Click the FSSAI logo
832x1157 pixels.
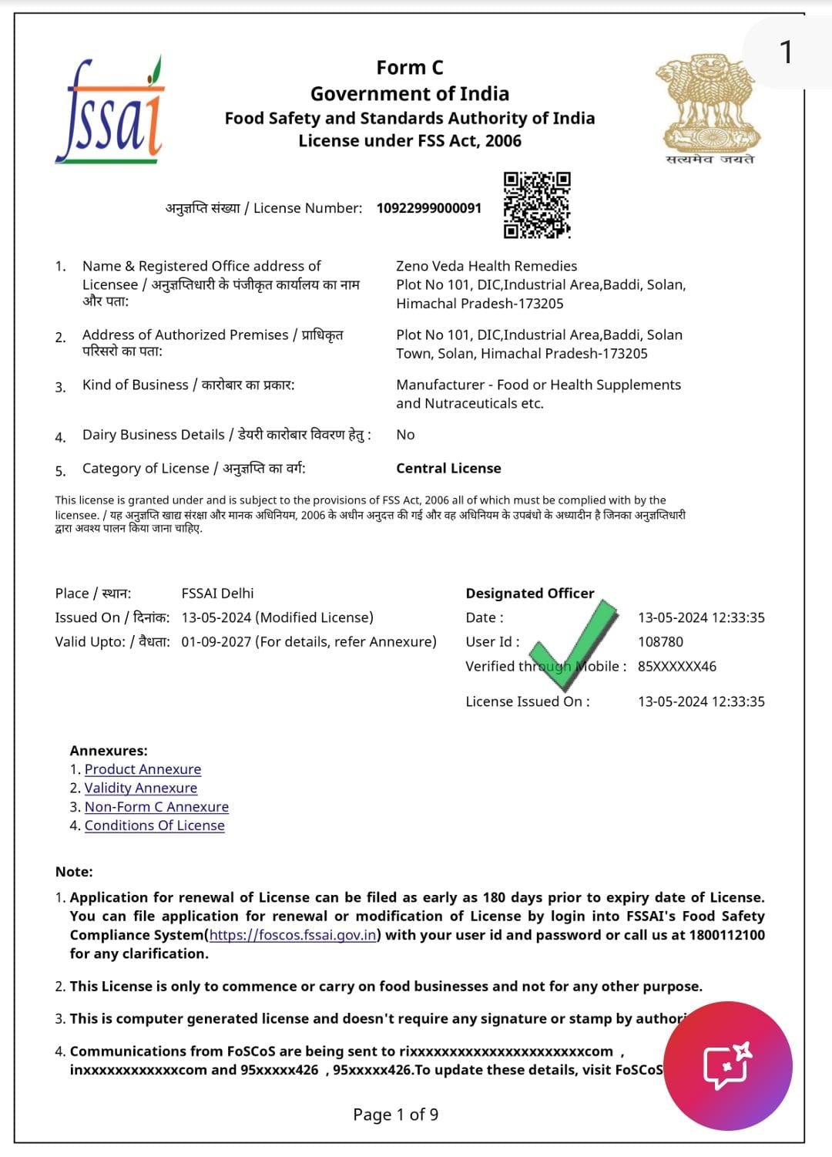(110, 109)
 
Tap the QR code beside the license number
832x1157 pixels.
(537, 205)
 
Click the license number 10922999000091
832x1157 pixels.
(428, 208)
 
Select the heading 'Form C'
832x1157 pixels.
(410, 68)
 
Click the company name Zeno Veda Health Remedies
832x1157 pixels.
(486, 266)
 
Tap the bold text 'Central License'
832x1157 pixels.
(448, 469)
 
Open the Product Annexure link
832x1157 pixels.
(143, 769)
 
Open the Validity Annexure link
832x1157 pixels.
(140, 788)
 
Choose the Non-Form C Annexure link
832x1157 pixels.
(156, 807)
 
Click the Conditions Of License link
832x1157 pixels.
(154, 826)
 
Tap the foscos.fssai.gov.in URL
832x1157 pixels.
(293, 935)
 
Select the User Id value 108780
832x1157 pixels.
(660, 642)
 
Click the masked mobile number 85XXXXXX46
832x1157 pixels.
(676, 667)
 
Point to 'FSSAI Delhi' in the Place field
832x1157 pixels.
(217, 594)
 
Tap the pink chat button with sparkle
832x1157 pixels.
(727, 1066)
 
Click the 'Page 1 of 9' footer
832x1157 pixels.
(395, 1115)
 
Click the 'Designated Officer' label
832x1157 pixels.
(530, 594)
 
